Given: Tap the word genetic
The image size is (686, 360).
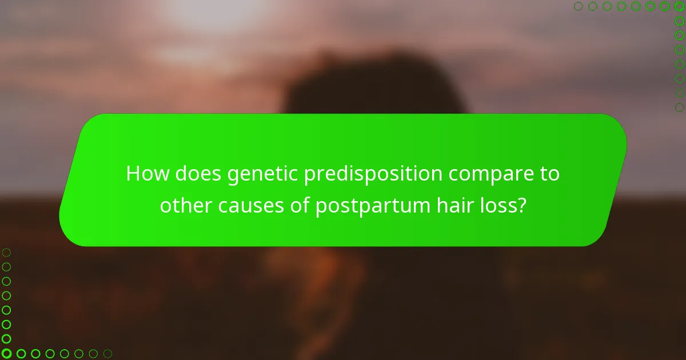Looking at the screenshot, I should [262, 174].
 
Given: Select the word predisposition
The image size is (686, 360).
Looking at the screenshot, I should [373, 174].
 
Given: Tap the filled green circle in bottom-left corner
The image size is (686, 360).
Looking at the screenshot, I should [7, 353].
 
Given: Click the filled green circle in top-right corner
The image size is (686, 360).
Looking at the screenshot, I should [679, 6].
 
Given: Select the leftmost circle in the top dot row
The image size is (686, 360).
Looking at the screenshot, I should [579, 6].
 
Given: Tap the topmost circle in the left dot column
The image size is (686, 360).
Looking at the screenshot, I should [7, 252].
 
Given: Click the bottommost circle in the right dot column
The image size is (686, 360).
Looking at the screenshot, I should [679, 107].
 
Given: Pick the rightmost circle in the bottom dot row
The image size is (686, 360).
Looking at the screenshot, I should [107, 353].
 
